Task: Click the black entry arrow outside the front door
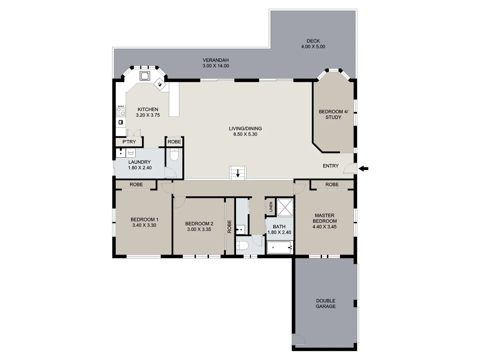[364, 169]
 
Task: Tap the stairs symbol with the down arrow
[238, 173]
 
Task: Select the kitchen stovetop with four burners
[121, 111]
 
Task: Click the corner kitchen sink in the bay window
[145, 76]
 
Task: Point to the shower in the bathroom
[285, 207]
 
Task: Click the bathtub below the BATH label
[280, 248]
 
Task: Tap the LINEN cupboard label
[271, 207]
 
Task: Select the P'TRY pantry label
[129, 142]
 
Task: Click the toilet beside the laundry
[174, 155]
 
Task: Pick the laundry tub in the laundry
[130, 153]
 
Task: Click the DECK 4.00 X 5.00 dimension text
[313, 47]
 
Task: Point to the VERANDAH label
[216, 60]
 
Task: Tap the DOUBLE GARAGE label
[326, 303]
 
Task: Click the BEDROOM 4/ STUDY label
[333, 114]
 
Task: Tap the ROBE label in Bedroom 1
[136, 184]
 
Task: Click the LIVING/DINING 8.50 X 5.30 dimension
[245, 134]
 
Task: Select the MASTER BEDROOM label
[324, 218]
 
